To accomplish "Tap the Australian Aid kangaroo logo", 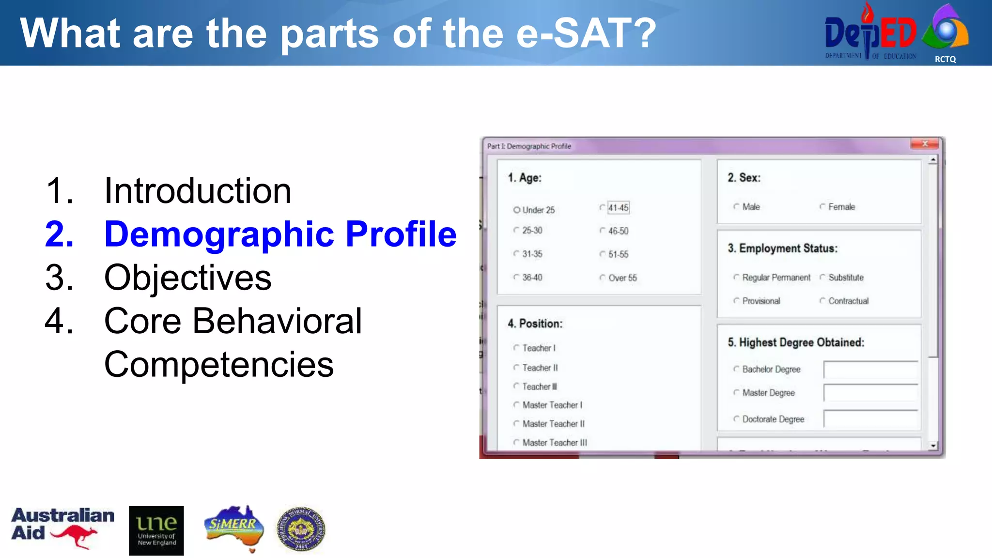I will pos(62,528).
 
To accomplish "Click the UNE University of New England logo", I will pos(156,530).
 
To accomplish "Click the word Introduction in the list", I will pos(198,190).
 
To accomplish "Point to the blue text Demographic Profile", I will pos(280,234).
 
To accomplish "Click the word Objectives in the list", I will pos(187,278).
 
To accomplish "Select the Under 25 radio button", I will pos(517,210).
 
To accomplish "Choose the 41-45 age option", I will pos(603,208).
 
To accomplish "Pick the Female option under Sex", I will pos(822,207).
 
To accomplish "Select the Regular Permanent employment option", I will pos(736,278).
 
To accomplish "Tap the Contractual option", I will pos(822,301).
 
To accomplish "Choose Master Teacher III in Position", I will pos(516,442).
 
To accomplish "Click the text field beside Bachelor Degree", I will pos(870,370).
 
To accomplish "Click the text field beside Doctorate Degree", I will pos(870,419).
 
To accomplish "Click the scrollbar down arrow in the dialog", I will pos(933,446).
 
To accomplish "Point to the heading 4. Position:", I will pos(535,324).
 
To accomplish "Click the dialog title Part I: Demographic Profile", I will pos(529,146).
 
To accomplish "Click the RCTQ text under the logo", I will pos(945,59).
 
